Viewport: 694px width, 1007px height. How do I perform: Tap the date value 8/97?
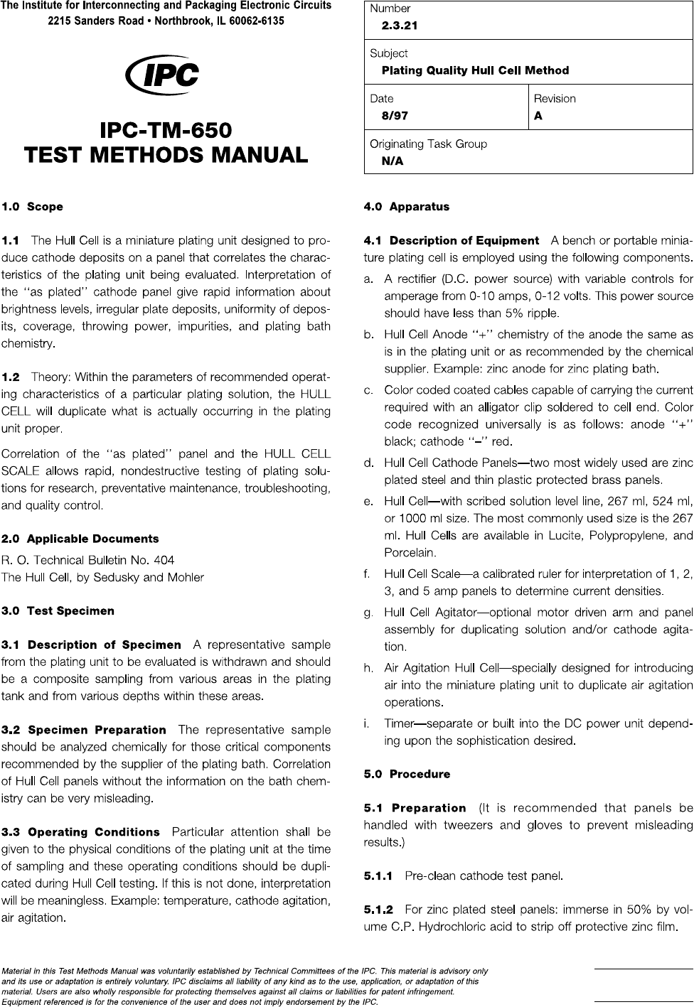click(x=395, y=116)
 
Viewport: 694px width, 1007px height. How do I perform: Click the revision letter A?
click(x=538, y=116)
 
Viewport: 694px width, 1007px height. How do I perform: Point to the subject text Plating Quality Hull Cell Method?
click(x=475, y=70)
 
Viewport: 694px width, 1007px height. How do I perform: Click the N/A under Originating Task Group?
click(x=393, y=161)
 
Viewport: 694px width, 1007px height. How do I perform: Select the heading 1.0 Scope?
click(x=32, y=207)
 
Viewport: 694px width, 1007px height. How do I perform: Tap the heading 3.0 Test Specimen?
click(x=58, y=610)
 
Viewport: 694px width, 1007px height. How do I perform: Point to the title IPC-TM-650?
click(x=166, y=131)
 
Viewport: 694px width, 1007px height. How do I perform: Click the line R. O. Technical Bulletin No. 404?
click(x=87, y=560)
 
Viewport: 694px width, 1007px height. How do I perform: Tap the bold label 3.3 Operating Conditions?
click(x=80, y=832)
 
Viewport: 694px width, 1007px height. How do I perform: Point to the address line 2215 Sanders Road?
click(x=166, y=21)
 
